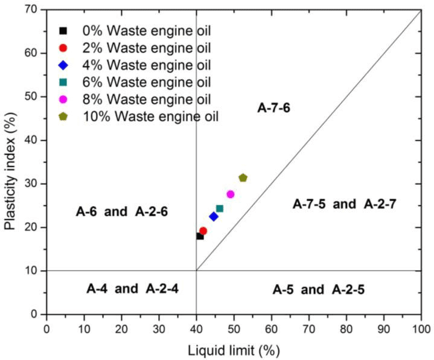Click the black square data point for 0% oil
coord(200,236)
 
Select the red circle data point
coord(203,231)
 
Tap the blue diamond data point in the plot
coord(213,216)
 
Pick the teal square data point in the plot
coord(220,208)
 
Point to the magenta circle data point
coord(230,194)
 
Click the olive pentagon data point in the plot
coord(243,178)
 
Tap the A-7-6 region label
coord(274,108)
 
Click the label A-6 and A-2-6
coord(121,211)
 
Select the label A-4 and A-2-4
coord(132,289)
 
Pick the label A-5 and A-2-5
coord(318,289)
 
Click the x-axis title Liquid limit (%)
coord(233,349)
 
